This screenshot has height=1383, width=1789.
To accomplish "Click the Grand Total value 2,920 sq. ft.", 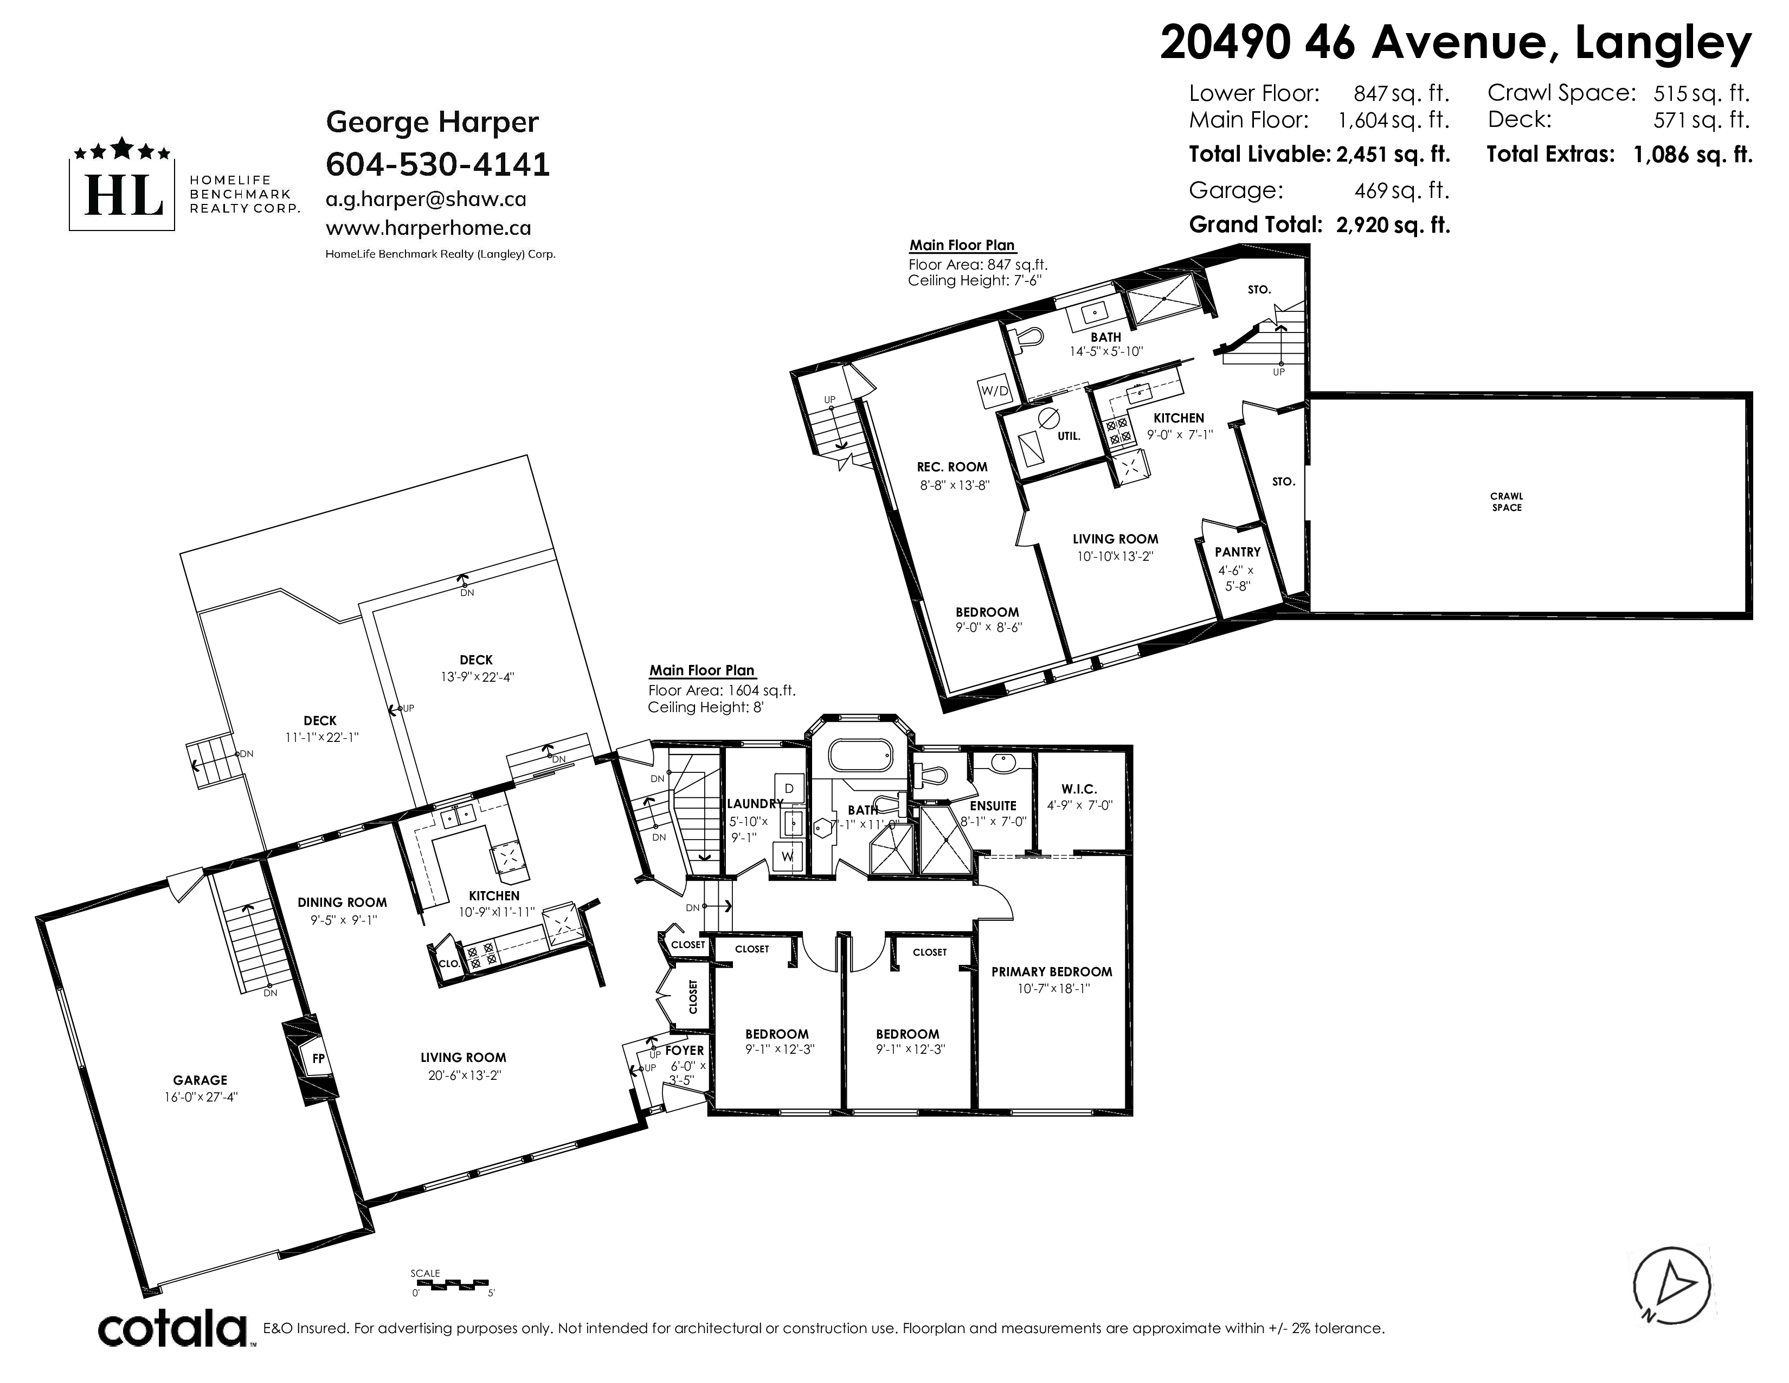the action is click(1393, 225).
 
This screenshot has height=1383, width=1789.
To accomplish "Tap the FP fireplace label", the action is click(319, 1059).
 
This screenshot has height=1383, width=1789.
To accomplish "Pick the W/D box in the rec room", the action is click(995, 391).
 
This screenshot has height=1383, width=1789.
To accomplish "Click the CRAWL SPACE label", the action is click(1507, 502).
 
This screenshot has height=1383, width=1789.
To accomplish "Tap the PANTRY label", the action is click(1237, 552).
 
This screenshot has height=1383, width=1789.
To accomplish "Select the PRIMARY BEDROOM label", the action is click(1052, 972).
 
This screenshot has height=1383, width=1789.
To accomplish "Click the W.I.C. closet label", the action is click(1079, 789).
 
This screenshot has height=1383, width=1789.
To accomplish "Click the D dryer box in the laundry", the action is click(790, 788).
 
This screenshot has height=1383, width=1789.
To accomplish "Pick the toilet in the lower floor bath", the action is click(1026, 337).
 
